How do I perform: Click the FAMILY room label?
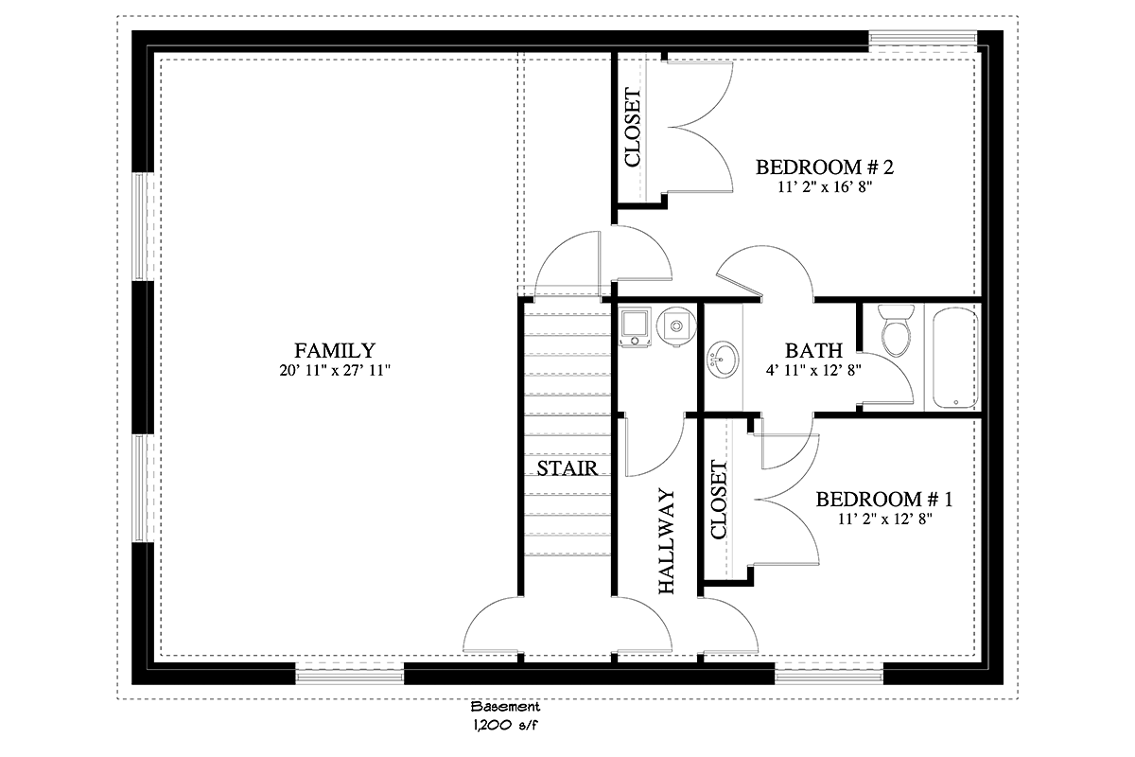click(x=335, y=350)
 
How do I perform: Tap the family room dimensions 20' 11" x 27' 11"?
click(x=335, y=370)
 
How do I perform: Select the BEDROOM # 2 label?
click(x=825, y=167)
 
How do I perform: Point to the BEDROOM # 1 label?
click(x=884, y=500)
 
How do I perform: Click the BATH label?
click(x=813, y=350)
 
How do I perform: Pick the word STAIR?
click(x=567, y=468)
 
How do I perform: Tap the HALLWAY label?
click(x=667, y=541)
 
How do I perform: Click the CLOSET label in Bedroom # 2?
click(x=633, y=127)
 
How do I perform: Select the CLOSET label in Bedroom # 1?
click(x=719, y=500)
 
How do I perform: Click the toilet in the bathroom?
click(x=896, y=330)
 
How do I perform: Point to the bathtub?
click(x=954, y=357)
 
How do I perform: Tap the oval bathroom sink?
click(x=724, y=360)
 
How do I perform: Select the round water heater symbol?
click(x=676, y=326)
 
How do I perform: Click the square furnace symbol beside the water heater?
click(x=635, y=326)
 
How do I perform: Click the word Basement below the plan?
click(x=505, y=706)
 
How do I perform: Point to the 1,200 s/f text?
click(x=505, y=726)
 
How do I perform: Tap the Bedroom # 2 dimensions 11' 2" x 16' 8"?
click(x=825, y=187)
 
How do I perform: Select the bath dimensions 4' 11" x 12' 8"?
click(x=813, y=371)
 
